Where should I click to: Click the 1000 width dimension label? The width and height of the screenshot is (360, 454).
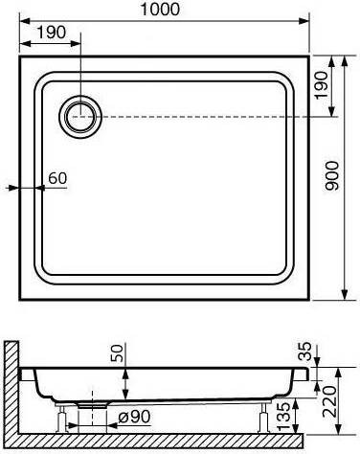tap(160, 10)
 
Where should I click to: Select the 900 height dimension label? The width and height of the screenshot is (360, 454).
tap(331, 176)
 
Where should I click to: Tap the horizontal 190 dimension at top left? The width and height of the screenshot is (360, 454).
tap(52, 33)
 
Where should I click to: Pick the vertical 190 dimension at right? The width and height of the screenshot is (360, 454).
tap(321, 85)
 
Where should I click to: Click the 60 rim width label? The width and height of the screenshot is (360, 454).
tap(57, 178)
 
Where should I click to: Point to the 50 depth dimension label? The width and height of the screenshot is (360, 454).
tap(117, 353)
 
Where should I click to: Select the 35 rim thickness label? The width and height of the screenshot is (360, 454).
tap(304, 352)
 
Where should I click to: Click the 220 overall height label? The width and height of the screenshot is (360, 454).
tap(329, 401)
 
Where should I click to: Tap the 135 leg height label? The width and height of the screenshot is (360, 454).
tap(284, 415)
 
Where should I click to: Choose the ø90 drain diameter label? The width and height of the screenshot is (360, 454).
tap(134, 417)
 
